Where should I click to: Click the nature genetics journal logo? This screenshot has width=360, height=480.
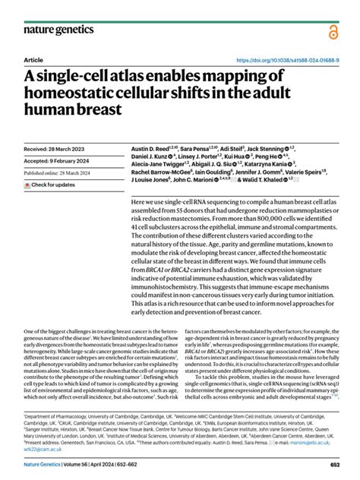click(59, 30)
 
